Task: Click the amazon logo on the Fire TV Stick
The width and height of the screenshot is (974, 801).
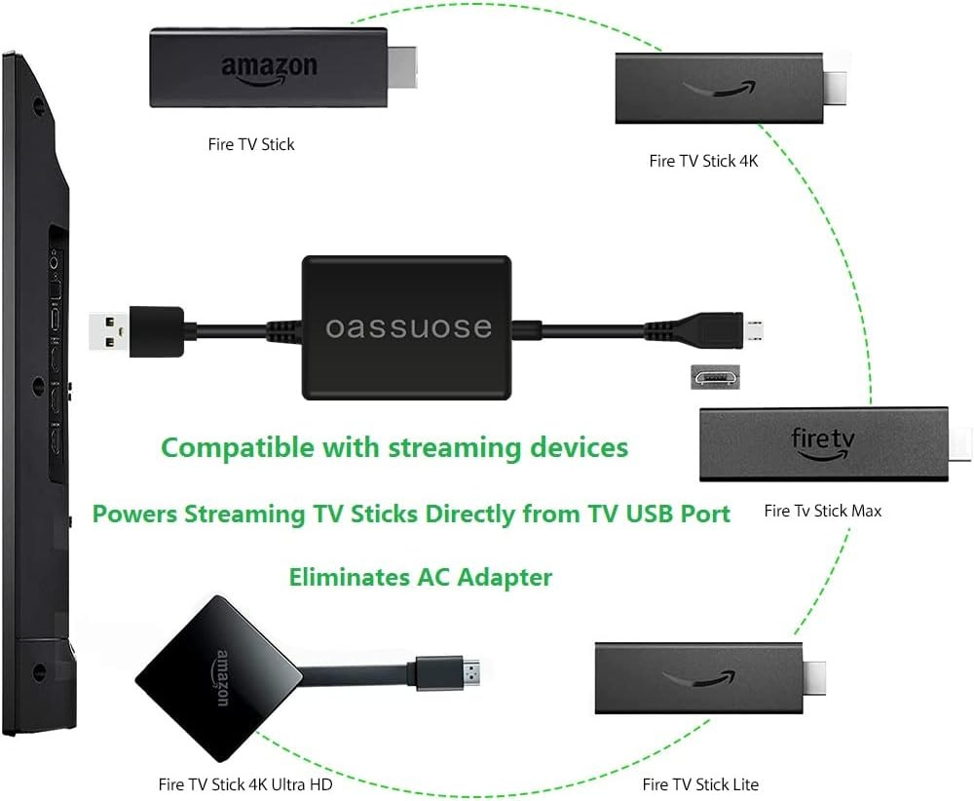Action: click(270, 71)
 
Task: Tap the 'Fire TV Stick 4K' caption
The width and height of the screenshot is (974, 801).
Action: click(703, 161)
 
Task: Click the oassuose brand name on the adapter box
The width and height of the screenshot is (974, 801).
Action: click(409, 327)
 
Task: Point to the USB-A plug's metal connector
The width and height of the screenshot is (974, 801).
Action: click(109, 332)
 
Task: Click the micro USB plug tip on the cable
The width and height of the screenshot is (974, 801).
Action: click(754, 331)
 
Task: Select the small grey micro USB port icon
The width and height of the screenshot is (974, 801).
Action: click(715, 377)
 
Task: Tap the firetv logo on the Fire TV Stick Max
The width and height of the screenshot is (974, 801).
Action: click(822, 443)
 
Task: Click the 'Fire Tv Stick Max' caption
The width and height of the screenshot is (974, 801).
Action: click(822, 511)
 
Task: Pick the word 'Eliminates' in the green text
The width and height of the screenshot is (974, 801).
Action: click(349, 577)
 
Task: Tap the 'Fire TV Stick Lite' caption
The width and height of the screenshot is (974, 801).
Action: click(700, 784)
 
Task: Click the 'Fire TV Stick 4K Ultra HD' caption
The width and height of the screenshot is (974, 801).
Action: click(245, 784)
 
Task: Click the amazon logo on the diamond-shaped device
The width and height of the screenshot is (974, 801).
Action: click(222, 678)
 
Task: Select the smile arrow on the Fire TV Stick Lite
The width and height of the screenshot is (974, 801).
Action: click(698, 678)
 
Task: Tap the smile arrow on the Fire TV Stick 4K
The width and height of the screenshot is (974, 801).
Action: click(720, 89)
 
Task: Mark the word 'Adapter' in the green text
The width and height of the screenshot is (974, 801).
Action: click(505, 577)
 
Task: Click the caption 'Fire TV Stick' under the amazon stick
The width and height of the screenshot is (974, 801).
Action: click(251, 144)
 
